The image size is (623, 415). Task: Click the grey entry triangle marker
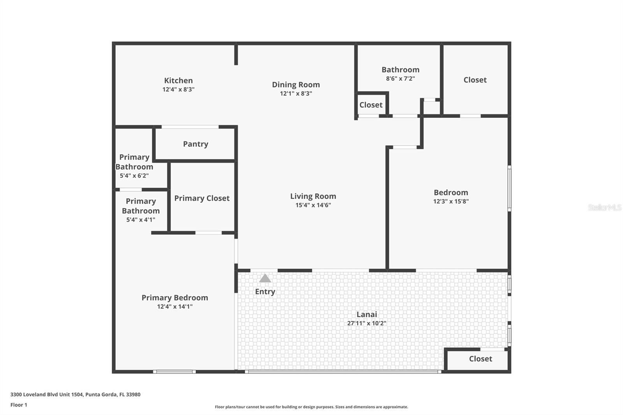pos(265,278)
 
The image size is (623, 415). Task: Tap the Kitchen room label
pos(178,81)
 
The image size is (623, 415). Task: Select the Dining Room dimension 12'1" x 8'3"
pos(296,93)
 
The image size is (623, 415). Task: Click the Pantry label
pos(195,144)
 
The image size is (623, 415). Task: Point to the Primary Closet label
pos(202,198)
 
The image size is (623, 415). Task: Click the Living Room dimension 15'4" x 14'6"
pos(313,205)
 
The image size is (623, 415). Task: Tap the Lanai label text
pos(366,314)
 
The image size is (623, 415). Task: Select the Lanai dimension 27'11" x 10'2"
pos(366,323)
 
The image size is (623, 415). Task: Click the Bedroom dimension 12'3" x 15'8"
pos(451,201)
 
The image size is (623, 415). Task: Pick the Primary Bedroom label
pos(174,298)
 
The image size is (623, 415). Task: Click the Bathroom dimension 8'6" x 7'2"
pos(400,78)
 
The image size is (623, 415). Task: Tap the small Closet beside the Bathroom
pos(371,105)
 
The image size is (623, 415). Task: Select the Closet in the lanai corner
pos(480,359)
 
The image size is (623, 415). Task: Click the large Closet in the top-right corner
pos(475,80)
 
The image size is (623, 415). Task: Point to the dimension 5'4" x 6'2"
pos(134,176)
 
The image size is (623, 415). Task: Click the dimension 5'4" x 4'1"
pos(141,220)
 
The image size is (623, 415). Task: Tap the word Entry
pos(265,292)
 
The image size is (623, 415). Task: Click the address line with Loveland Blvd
pos(75,394)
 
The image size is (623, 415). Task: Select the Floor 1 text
pos(19,405)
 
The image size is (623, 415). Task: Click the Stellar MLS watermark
pos(604,207)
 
